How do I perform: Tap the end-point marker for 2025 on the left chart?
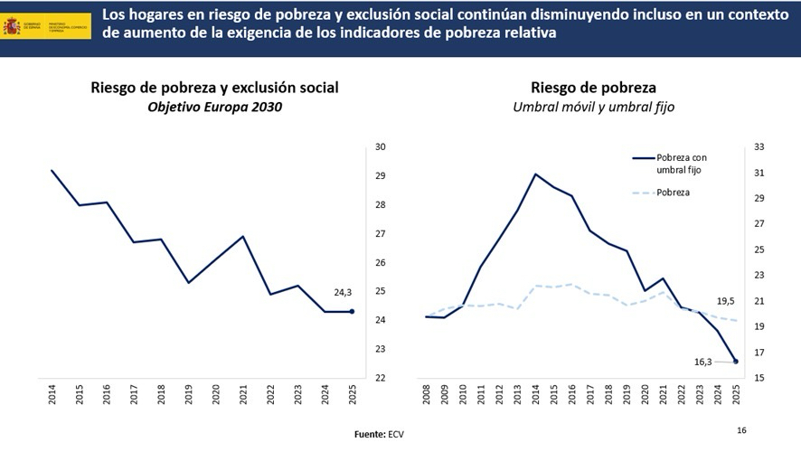tap(352, 312)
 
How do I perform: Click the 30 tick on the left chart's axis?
tap(381, 147)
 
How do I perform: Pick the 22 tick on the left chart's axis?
tap(381, 378)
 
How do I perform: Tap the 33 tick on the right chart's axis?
tap(759, 147)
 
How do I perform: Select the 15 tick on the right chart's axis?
tap(759, 378)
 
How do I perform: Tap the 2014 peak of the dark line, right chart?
tap(536, 174)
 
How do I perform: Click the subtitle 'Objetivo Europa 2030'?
tap(214, 108)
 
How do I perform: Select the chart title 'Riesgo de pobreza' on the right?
tap(593, 88)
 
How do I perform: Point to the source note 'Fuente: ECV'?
tap(378, 435)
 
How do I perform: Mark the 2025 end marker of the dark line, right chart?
tap(736, 362)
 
